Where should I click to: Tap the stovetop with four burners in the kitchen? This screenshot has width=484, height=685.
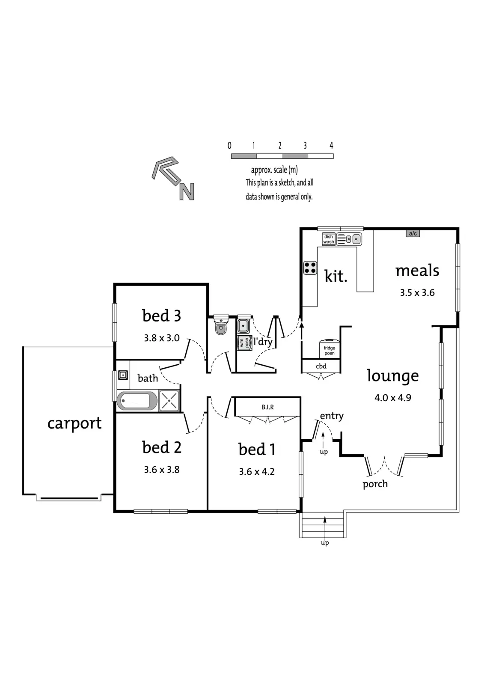click(x=310, y=268)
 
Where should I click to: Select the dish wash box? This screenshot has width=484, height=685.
click(x=328, y=239)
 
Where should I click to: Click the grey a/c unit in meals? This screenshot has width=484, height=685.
click(x=413, y=234)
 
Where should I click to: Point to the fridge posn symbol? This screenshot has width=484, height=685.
click(x=330, y=349)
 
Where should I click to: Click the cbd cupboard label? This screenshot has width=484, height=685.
click(x=321, y=366)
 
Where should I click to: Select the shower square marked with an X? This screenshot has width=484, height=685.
click(x=169, y=401)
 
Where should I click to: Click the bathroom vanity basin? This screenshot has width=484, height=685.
click(x=123, y=375)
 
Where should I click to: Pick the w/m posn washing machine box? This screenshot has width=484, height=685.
click(x=244, y=343)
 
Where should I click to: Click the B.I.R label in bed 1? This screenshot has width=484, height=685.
click(x=267, y=407)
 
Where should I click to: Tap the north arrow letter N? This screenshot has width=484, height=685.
click(x=187, y=192)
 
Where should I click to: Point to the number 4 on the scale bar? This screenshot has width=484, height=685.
click(x=331, y=146)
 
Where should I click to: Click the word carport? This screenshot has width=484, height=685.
click(x=74, y=423)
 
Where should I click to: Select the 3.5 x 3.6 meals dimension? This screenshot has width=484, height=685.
click(x=417, y=293)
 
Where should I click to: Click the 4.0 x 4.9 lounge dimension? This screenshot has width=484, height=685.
click(x=393, y=398)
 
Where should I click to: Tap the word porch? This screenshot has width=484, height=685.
click(x=375, y=484)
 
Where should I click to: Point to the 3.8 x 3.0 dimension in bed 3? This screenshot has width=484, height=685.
click(x=162, y=338)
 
